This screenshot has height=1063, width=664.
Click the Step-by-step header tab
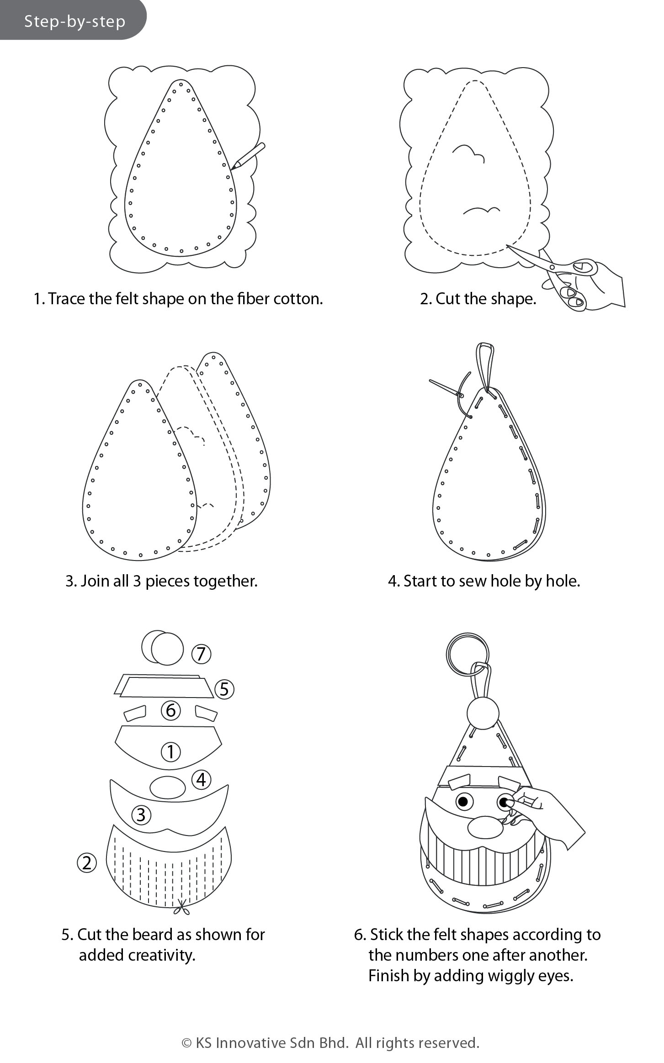[x=73, y=20]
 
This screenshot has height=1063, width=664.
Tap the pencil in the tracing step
[x=248, y=156]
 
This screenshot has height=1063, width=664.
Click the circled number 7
[x=201, y=654]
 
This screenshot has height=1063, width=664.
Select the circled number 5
[x=224, y=689]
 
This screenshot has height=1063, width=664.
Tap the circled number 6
[x=170, y=710]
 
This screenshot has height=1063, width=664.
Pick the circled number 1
[x=171, y=751]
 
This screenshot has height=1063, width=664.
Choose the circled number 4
[x=201, y=780]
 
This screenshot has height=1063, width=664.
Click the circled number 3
[x=141, y=815]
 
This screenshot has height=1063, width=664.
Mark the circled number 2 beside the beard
[x=87, y=863]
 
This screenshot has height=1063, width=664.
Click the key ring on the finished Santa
[x=467, y=654]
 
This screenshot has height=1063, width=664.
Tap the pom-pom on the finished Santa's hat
[x=483, y=713]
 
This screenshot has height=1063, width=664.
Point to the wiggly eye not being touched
[x=463, y=801]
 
